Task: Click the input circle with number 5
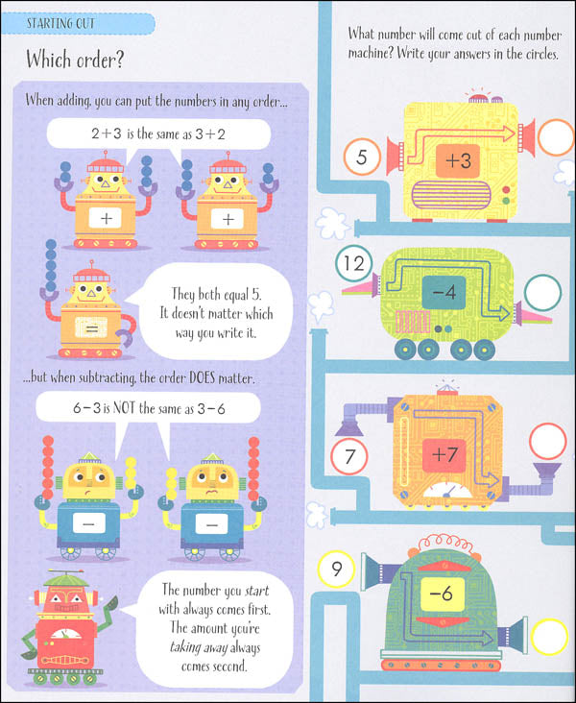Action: tap(361, 157)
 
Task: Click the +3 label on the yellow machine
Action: tap(459, 160)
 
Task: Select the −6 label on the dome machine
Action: tap(440, 594)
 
